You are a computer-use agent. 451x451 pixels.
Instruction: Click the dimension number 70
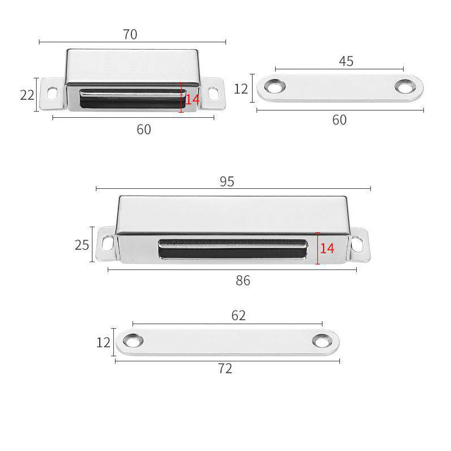coord(130,34)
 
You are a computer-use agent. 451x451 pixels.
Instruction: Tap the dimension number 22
coord(27,95)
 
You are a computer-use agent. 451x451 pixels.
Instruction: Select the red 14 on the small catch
coord(192,100)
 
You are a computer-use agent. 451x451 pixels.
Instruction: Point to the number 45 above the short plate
coord(346,61)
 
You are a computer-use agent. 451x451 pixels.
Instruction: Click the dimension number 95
coord(227,182)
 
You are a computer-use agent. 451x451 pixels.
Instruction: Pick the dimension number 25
coord(82,245)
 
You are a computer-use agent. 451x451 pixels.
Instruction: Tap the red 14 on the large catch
coord(328,249)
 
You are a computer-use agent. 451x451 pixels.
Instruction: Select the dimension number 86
coord(243,281)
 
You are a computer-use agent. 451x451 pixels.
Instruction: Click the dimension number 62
coord(238,316)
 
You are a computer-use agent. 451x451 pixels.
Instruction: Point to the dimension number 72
coord(225,369)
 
